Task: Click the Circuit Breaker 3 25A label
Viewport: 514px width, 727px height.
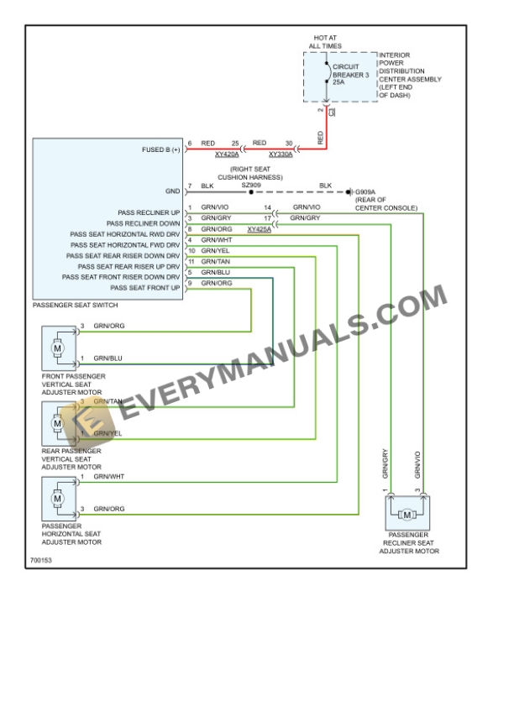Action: (349, 74)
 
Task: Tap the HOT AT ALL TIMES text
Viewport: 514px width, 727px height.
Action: (325, 42)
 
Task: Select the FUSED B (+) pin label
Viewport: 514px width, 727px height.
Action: (161, 149)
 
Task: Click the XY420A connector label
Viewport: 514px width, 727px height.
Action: (226, 155)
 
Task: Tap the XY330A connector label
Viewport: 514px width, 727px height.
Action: (281, 155)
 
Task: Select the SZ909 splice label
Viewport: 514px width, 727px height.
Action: (251, 186)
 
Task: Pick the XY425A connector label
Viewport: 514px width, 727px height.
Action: (260, 229)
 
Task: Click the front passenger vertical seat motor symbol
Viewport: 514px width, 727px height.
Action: (57, 347)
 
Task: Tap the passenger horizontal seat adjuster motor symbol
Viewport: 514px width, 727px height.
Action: (57, 499)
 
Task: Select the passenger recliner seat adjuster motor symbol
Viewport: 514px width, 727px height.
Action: (407, 514)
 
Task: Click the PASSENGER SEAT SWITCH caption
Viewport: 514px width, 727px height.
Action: (75, 306)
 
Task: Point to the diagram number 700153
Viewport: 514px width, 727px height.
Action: (39, 560)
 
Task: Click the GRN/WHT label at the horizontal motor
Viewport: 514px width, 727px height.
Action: (108, 478)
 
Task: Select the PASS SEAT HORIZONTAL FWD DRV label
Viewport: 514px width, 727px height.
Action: (125, 245)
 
